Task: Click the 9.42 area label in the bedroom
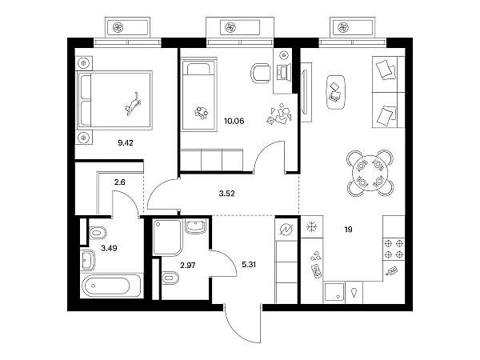126,142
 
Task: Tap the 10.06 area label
234,121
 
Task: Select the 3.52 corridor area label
227,194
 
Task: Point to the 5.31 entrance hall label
249,265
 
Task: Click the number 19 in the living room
348,230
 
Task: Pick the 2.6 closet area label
120,182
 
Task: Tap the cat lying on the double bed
133,104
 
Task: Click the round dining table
370,173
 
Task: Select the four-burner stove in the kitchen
394,249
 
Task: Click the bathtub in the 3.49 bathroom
111,286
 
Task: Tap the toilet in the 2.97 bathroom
170,278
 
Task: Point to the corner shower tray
167,237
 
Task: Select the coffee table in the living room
336,92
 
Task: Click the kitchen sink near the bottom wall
334,292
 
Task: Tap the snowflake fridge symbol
312,227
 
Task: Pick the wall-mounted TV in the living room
305,91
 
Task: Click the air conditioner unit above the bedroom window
128,27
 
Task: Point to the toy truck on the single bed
201,113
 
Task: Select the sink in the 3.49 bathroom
88,260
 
